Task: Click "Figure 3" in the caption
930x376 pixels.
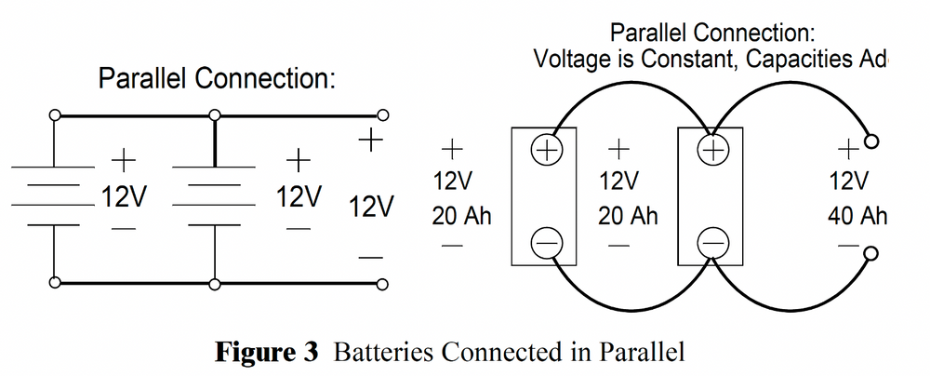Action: (x=273, y=353)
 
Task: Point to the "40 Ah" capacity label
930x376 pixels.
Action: (x=857, y=217)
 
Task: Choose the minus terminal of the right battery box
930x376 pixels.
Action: (x=713, y=243)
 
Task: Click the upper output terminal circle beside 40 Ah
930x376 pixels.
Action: (x=871, y=142)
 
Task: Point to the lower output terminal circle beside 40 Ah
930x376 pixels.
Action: (x=871, y=253)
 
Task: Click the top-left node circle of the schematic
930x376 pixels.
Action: (x=55, y=115)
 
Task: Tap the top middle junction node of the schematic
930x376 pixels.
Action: (x=215, y=115)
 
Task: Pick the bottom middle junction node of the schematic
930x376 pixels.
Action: (x=215, y=282)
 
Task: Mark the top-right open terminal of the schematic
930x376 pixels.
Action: (x=379, y=115)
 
